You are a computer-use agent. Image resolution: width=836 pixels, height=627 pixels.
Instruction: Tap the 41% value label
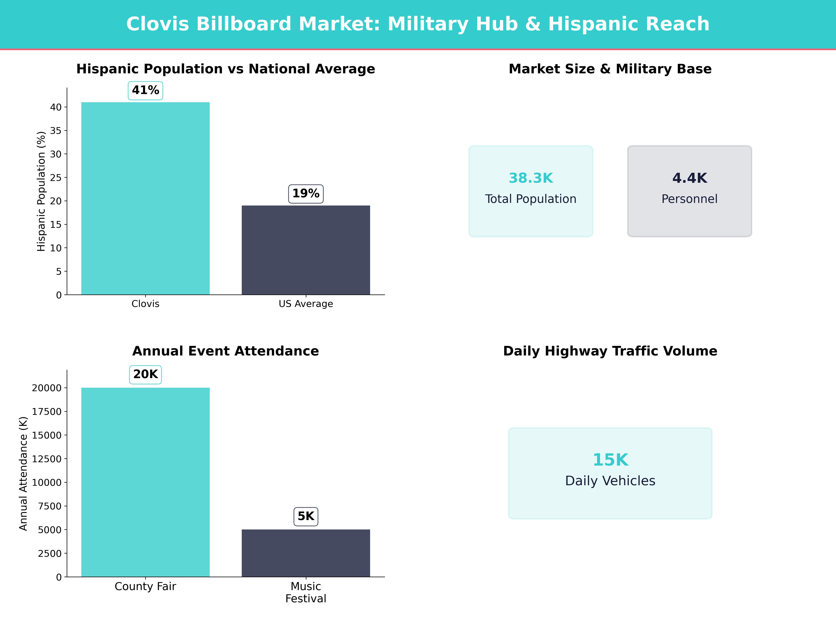coord(145,90)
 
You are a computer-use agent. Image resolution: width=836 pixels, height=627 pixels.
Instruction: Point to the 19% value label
coord(306,193)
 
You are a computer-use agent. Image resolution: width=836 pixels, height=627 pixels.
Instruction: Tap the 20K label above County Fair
coord(145,374)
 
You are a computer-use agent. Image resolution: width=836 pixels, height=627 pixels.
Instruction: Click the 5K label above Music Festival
coord(306,516)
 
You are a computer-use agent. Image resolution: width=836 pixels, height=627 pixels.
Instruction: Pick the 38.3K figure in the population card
coord(531,178)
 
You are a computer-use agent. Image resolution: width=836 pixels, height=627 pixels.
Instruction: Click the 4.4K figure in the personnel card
coord(689,178)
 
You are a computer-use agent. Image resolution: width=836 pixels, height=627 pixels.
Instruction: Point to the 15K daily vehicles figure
coord(610,460)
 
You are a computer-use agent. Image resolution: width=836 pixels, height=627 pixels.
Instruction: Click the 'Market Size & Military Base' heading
coord(610,69)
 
